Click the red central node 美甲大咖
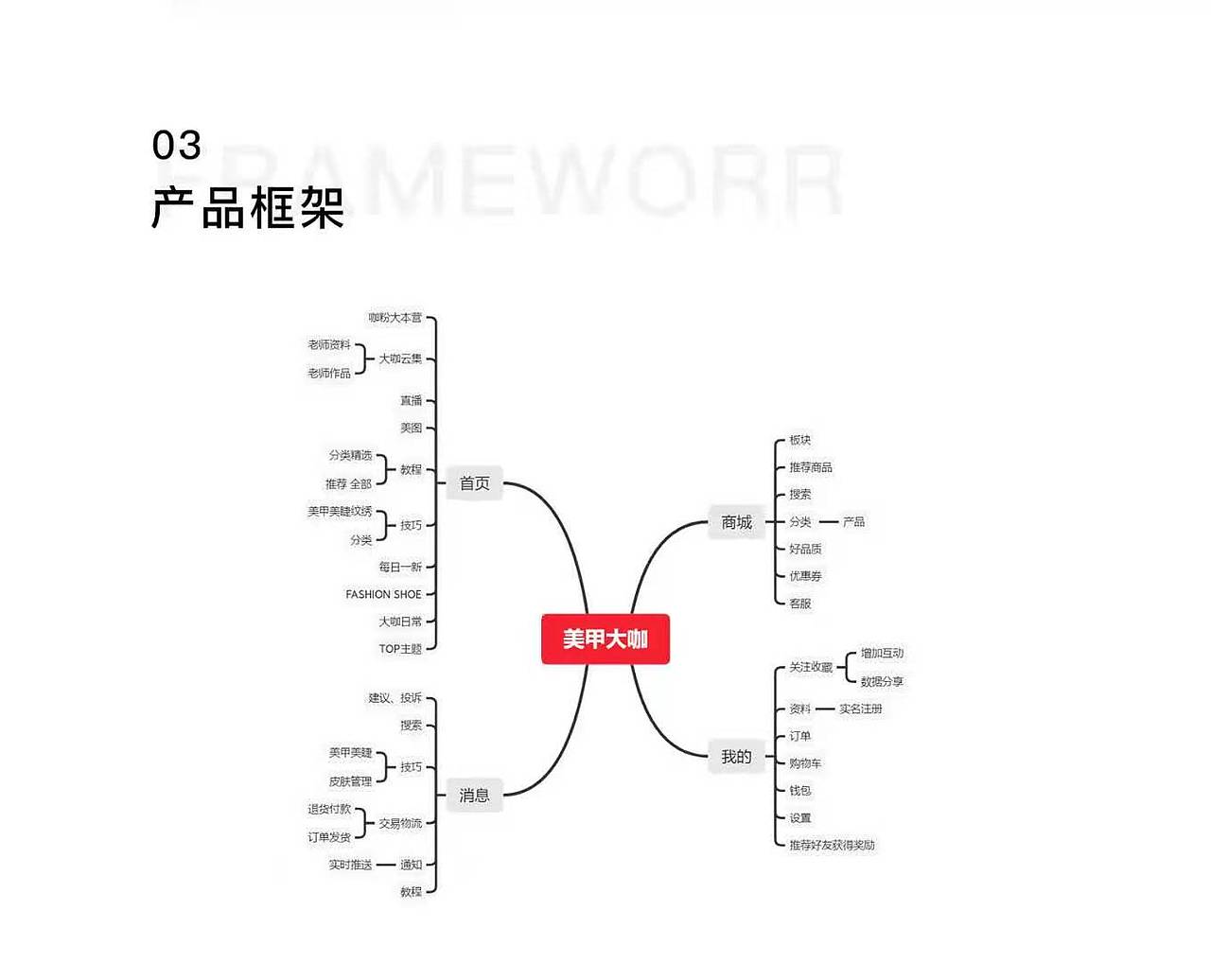605,639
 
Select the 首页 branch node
474,483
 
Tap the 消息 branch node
474,796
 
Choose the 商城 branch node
736,522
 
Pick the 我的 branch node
736,757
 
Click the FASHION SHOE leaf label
383,594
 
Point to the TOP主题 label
400,649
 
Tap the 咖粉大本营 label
395,318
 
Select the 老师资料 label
328,345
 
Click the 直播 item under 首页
411,401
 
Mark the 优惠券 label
805,576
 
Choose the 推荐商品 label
811,467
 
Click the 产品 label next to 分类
853,522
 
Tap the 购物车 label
805,763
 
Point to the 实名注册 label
860,709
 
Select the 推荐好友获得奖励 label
832,845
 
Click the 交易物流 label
400,823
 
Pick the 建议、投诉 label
395,698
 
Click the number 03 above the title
177,146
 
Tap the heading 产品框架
248,208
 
